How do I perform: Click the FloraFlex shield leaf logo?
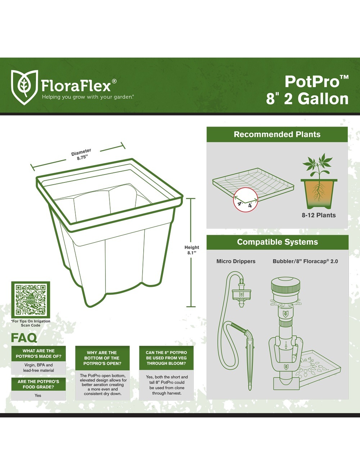24,87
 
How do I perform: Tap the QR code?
31,300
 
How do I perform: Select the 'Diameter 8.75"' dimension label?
81,154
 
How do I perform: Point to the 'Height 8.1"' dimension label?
192,250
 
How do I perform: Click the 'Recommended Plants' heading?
277,134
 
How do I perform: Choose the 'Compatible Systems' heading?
277,242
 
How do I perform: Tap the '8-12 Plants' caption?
319,215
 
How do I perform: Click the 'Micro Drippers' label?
236,261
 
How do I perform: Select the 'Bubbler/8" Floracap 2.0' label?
305,261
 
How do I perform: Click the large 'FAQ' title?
24,338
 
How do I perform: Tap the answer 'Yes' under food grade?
38,395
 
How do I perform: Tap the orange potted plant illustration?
319,181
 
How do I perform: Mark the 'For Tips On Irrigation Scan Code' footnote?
31,323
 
